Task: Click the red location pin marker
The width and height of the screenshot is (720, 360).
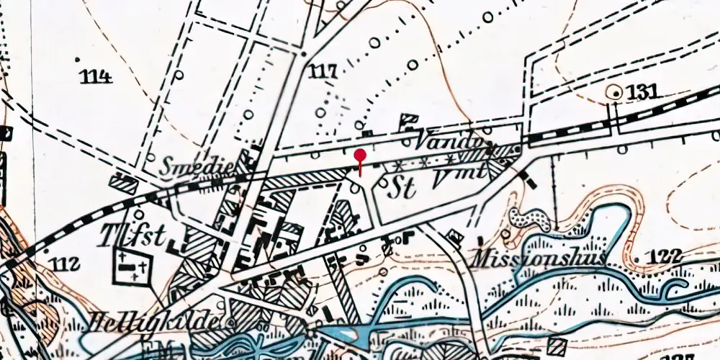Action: pyautogui.click(x=360, y=156)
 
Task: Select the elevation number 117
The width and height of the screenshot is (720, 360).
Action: pyautogui.click(x=323, y=71)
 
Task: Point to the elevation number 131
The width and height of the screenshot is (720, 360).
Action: pyautogui.click(x=643, y=92)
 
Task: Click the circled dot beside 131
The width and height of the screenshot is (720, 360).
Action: pyautogui.click(x=614, y=91)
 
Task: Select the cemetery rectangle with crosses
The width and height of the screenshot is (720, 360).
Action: pyautogui.click(x=132, y=267)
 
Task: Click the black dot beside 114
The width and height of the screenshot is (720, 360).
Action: pyautogui.click(x=78, y=58)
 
